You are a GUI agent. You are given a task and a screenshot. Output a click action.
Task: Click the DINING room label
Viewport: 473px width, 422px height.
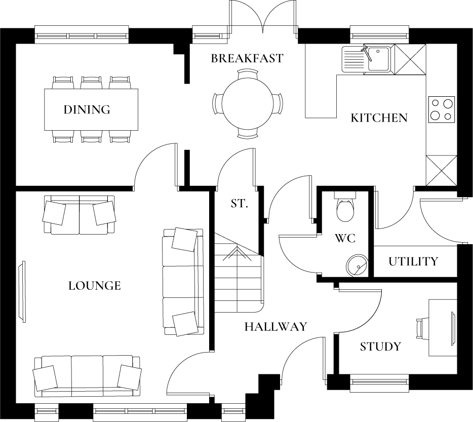[x=87, y=109]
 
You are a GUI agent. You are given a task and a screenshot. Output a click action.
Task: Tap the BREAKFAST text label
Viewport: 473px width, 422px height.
[x=247, y=58]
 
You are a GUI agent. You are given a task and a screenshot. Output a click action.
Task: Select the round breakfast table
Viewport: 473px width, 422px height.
[x=247, y=104]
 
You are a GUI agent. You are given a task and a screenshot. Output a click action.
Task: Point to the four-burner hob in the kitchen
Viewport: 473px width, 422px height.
[x=441, y=110]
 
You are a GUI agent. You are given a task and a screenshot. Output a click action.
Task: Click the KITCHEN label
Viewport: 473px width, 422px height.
[x=379, y=118]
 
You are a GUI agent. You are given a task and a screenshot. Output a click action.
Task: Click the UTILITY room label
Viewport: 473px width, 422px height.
[x=413, y=261]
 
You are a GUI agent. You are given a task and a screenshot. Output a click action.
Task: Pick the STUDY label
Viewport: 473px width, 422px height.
[x=380, y=347]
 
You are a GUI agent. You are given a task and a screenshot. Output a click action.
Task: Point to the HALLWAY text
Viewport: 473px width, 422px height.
[x=275, y=327]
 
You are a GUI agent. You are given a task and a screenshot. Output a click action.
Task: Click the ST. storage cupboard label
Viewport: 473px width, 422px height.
[x=239, y=204]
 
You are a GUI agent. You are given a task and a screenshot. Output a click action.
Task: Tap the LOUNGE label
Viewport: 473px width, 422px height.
[x=95, y=286]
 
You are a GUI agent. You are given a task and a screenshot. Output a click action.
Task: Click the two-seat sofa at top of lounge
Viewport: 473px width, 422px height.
[x=79, y=215]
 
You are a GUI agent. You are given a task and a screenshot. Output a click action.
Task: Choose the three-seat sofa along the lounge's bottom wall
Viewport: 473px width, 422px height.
[x=87, y=376]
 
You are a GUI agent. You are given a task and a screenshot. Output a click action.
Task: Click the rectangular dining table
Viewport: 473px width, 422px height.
[x=92, y=109]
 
